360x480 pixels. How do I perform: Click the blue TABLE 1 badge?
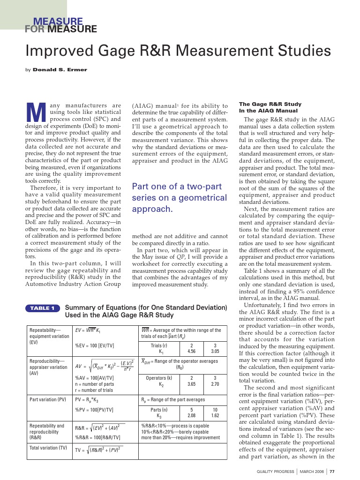43,308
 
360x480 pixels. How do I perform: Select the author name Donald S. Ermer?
60,70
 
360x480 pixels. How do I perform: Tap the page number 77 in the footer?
332,472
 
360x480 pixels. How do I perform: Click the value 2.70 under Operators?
214,383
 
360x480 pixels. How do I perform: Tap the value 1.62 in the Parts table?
215,415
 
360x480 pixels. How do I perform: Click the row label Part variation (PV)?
48,400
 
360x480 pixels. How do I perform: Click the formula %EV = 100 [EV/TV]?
95,345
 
